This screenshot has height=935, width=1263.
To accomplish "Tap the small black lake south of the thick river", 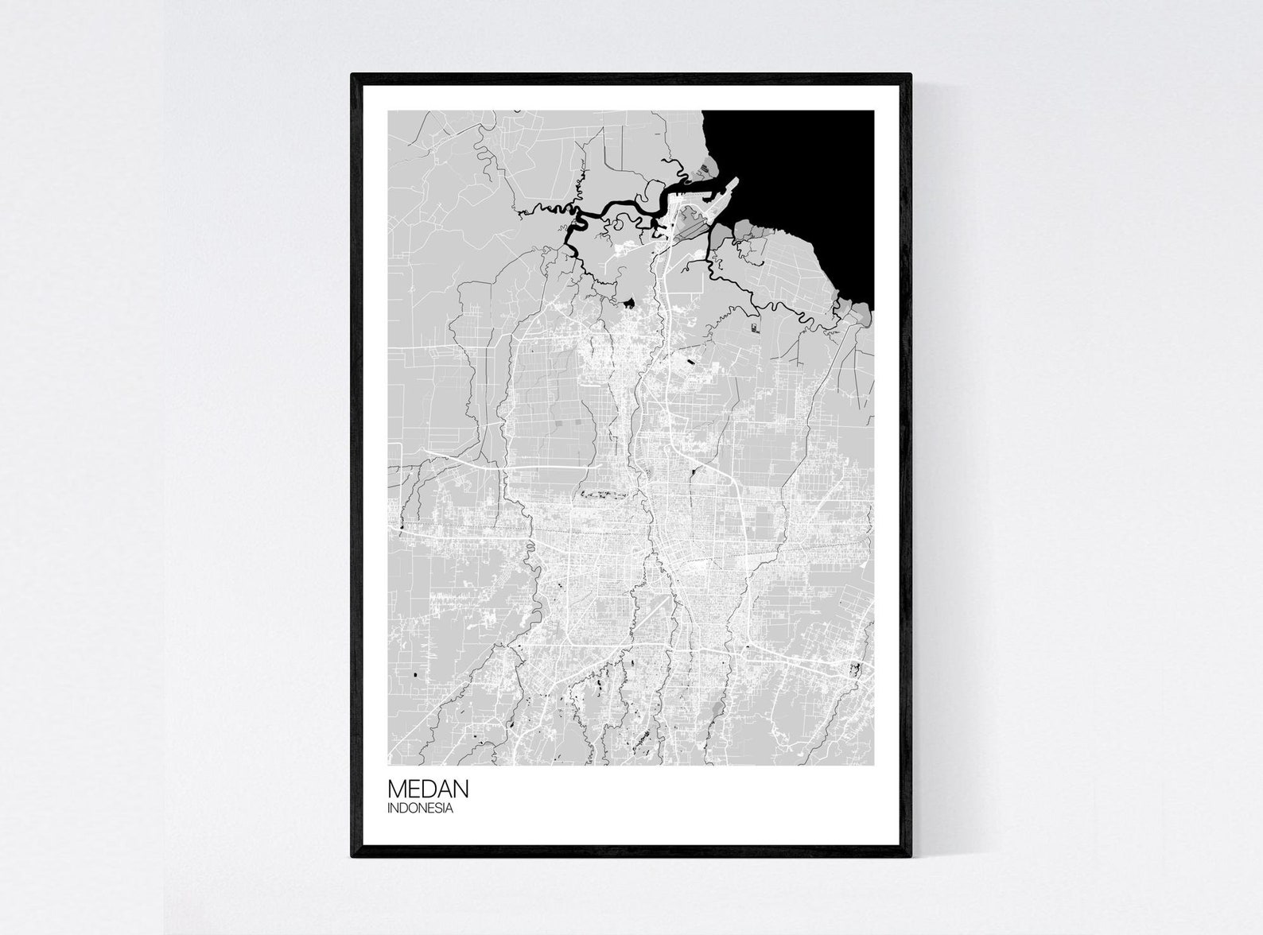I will (x=630, y=302).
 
